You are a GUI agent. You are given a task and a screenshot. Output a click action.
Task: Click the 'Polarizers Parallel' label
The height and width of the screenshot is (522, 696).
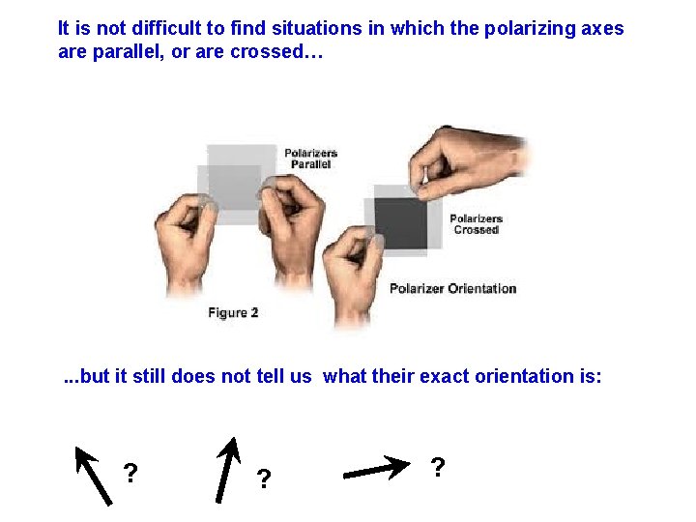310,159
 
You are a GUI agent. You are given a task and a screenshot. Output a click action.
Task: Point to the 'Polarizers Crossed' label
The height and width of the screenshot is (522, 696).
476,224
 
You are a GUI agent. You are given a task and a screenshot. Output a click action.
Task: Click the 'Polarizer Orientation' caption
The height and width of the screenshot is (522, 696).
452,288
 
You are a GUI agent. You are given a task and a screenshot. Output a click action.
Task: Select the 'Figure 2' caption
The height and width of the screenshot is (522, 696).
233,312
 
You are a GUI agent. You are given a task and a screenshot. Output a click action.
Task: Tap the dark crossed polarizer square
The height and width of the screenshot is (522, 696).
400,222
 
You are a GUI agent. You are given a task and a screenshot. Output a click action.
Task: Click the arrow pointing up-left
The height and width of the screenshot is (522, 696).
94,475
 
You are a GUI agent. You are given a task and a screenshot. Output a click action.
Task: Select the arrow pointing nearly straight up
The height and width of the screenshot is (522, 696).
226,469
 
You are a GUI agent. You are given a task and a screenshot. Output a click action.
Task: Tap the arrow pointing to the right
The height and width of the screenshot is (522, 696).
376,470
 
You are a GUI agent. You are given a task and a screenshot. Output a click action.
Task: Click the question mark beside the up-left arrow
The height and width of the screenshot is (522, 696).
130,474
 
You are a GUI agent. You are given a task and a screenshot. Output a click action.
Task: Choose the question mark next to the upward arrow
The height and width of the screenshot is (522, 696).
263,478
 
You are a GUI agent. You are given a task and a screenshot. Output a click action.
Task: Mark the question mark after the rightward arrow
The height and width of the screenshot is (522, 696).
438,468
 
